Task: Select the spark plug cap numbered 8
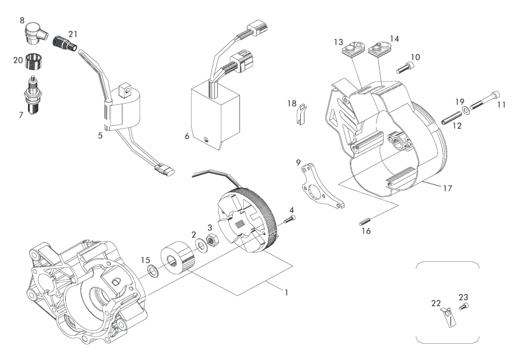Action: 35,33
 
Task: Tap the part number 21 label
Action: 73,34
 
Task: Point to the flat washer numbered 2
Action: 199,245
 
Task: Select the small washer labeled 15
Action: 153,271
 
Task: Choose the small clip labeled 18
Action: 301,115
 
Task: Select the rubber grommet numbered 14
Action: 380,48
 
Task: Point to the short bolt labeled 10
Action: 405,68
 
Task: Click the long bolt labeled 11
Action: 485,101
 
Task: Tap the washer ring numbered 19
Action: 466,110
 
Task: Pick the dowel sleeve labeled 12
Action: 452,118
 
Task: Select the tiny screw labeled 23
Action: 464,307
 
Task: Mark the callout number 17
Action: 448,188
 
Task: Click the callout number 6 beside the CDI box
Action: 187,136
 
